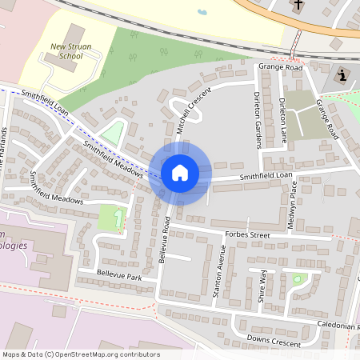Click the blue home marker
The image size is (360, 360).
[179, 173]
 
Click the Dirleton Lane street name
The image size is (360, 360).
[283, 120]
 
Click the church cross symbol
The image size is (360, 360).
[298, 5]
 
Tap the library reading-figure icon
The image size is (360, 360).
[342, 76]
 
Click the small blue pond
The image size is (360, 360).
[202, 12]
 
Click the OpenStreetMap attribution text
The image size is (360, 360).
[80, 354]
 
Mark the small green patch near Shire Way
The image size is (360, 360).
[299, 279]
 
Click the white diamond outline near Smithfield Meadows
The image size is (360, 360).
[113, 131]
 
